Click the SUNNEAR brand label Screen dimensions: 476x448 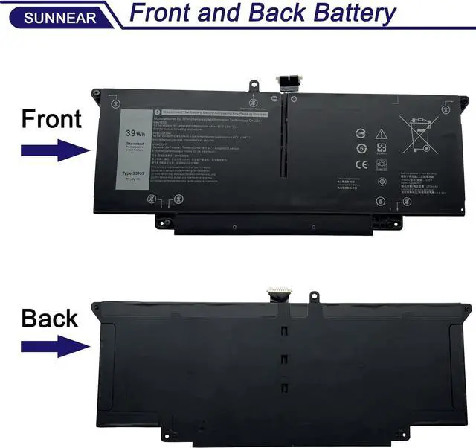(50, 16)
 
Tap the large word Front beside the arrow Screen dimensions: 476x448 (50, 118)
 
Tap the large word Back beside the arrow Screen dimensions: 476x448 (50, 319)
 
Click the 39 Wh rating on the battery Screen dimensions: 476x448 (135, 134)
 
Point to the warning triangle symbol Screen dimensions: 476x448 (382, 134)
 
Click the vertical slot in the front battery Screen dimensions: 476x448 (283, 138)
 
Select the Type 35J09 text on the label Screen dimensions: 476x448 (134, 173)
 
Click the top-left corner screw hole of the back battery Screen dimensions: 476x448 (95, 307)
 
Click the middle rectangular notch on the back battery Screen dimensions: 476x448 (283, 359)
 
